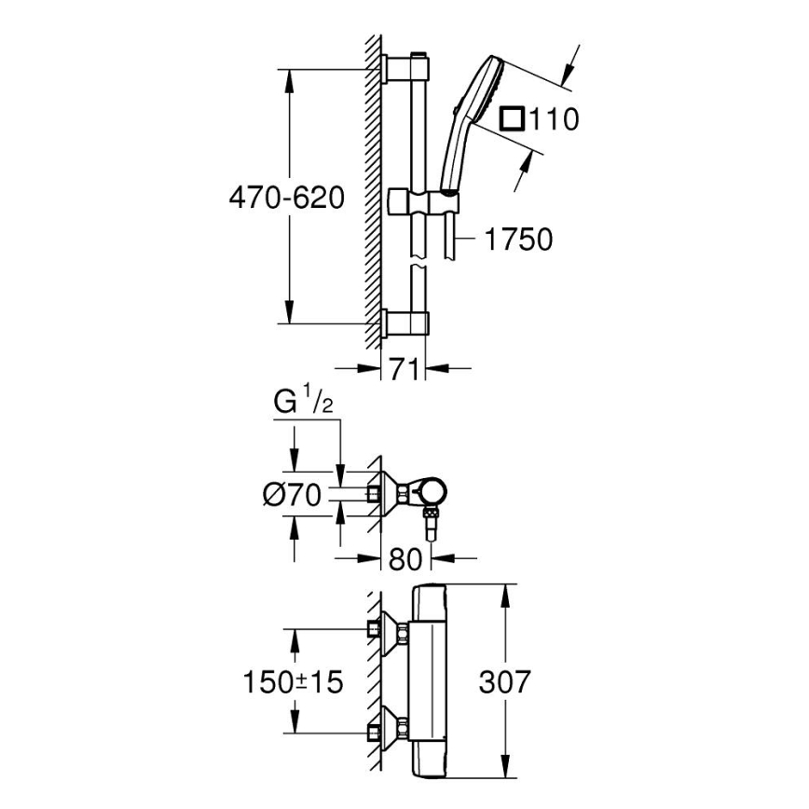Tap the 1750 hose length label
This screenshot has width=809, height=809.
pos(517,240)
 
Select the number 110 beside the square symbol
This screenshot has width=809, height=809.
pos(555,119)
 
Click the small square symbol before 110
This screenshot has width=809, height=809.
pos(512,119)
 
